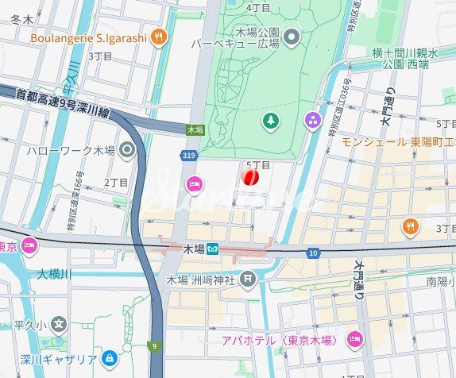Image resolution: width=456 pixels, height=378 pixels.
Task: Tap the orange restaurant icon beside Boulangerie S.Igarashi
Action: point(160,36)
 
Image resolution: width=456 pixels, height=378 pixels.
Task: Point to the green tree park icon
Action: point(272,120)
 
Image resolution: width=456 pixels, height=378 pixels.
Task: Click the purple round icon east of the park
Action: point(313,121)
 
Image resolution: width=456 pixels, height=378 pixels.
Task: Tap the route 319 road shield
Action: point(187,156)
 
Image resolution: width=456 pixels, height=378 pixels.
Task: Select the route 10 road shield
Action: point(314,253)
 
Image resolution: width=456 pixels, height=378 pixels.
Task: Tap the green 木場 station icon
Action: point(213,249)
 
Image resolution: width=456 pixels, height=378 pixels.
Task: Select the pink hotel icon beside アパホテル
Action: point(354,340)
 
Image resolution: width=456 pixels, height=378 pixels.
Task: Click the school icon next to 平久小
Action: point(58,324)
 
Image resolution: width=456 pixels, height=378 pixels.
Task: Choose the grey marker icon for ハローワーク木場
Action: point(127,148)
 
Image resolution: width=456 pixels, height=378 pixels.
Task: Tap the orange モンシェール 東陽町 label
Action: point(397,141)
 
